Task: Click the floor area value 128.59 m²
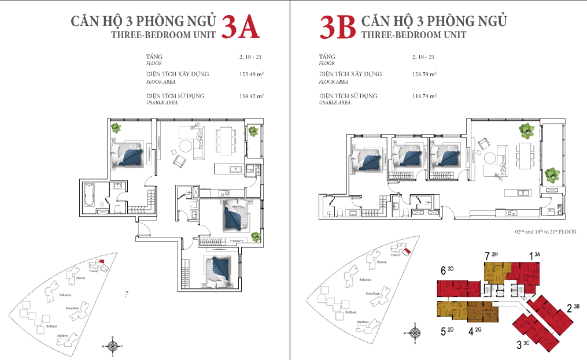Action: [424, 74]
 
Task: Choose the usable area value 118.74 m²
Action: [424, 95]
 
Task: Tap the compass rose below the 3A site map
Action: [114, 346]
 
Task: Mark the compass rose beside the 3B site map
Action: [414, 333]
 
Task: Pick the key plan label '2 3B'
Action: [573, 307]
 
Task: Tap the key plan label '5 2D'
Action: [448, 331]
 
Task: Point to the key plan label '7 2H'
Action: [492, 254]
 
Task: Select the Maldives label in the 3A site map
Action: [64, 335]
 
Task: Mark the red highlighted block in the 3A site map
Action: [102, 261]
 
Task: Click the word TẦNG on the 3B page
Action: [327, 57]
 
